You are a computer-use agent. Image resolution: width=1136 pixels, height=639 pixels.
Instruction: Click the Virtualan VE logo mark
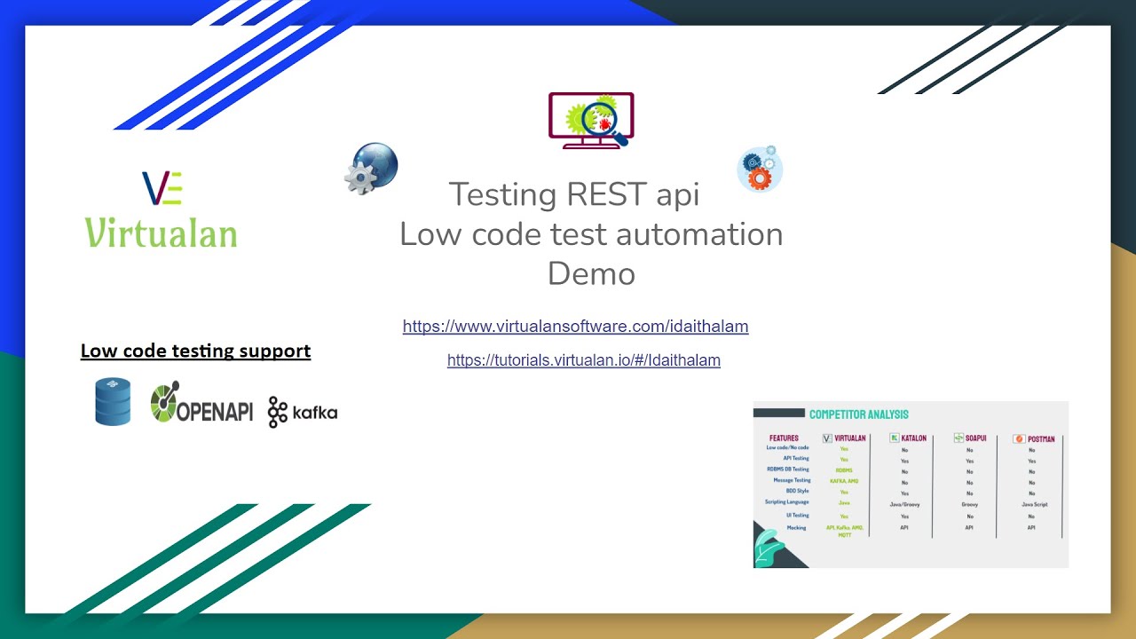coord(162,188)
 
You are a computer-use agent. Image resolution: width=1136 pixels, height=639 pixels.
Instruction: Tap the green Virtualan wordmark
coord(161,233)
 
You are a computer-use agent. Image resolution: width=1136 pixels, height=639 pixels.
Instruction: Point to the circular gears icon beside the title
coord(760,170)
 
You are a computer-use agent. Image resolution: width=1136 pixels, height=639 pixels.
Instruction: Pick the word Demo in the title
coord(591,273)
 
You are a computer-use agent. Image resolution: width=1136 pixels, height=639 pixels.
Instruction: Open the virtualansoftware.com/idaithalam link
coord(575,327)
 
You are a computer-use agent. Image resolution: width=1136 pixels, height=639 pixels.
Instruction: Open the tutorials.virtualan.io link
coord(583,360)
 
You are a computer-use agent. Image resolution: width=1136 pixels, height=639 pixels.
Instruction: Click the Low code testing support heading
coord(195,351)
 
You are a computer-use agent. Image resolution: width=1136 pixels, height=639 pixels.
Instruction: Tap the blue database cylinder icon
coord(113,401)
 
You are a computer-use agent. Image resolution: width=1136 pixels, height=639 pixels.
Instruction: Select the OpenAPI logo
coord(201,404)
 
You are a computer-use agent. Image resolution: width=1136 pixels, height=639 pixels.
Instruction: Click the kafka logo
coord(303,413)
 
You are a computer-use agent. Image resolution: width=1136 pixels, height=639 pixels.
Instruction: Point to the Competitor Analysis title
coord(858,414)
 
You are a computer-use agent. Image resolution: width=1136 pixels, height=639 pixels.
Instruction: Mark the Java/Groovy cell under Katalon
coord(904,504)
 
